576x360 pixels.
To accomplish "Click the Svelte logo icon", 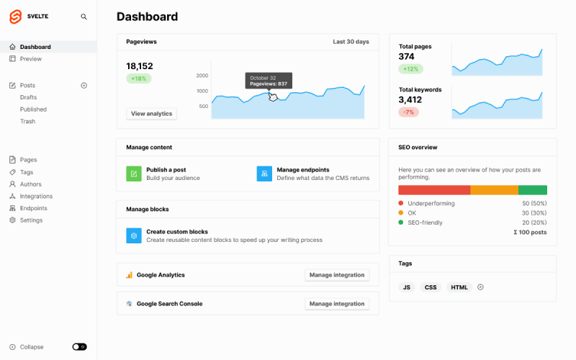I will click(15, 16).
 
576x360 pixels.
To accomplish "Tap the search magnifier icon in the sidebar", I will click(84, 17).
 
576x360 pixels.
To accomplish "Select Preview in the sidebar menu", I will click(31, 59).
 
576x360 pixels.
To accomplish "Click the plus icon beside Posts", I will click(84, 85).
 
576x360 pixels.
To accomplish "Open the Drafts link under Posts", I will click(29, 97).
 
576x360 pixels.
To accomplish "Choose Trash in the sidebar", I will click(27, 122).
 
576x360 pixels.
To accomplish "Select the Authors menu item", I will click(31, 184).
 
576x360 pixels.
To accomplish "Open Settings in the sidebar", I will click(31, 220).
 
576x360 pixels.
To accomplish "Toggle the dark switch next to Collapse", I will click(79, 347).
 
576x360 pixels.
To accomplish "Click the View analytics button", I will click(151, 114).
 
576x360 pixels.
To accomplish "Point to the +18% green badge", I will click(138, 78).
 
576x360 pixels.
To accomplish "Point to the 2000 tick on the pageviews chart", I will click(202, 76).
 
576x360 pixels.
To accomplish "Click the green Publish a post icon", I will click(134, 174).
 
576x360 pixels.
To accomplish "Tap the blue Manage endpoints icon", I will click(264, 174).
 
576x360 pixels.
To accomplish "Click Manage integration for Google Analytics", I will click(337, 275).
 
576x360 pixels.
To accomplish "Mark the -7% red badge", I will click(408, 112).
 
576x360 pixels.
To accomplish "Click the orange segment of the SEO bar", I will click(494, 190).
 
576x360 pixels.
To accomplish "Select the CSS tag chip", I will click(431, 287).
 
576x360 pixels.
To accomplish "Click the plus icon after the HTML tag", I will click(481, 287).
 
